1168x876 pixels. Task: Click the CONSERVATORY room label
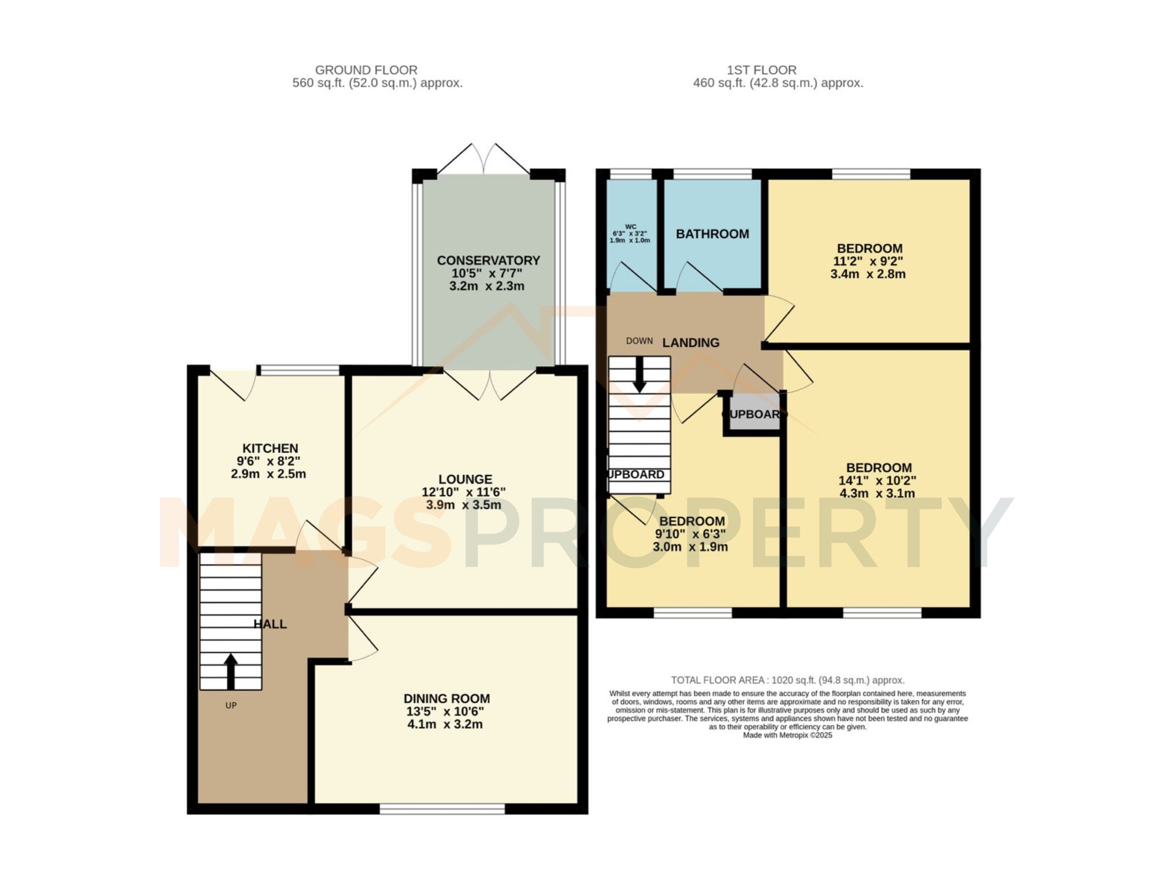[x=488, y=260]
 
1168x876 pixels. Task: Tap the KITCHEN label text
[x=270, y=449]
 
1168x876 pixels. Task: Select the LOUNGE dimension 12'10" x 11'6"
[x=464, y=492]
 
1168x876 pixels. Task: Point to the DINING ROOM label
[x=447, y=698]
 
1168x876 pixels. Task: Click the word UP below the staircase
[x=231, y=705]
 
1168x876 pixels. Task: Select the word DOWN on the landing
[x=639, y=341]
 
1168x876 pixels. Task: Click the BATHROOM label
[x=712, y=234]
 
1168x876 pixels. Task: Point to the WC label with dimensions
[x=630, y=234]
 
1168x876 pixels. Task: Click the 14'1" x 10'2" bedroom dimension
[x=877, y=481]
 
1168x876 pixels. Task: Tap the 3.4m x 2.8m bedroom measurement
[x=868, y=274]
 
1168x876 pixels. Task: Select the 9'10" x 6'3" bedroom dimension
[x=690, y=534]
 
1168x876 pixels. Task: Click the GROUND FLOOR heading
[x=366, y=70]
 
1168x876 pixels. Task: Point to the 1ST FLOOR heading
[x=762, y=70]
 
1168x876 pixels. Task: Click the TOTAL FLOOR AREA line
[x=787, y=680]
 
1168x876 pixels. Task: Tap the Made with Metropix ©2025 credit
[x=787, y=735]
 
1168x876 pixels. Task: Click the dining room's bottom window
[x=442, y=809]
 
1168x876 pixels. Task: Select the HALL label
[x=270, y=624]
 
